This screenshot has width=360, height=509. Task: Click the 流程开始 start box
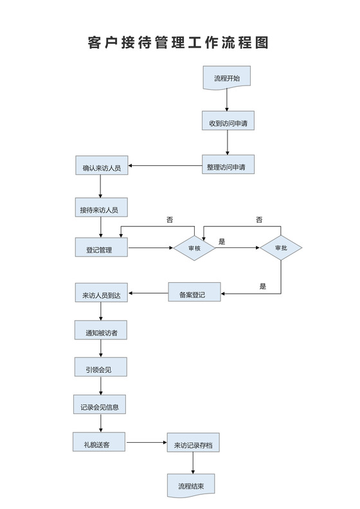(x=226, y=77)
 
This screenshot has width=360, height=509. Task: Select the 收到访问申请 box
(x=228, y=123)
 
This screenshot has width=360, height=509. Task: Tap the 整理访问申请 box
(x=228, y=165)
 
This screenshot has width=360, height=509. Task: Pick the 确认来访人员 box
(x=102, y=168)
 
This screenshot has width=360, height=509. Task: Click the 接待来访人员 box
(x=101, y=210)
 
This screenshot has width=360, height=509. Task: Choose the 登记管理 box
(x=101, y=248)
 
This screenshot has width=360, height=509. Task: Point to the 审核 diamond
(x=194, y=248)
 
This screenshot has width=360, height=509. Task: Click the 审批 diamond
(x=281, y=248)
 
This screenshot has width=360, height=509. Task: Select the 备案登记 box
(x=194, y=294)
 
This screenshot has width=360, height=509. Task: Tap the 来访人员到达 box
(x=101, y=296)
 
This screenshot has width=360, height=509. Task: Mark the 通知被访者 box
(x=101, y=332)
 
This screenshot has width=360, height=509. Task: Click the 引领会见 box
(x=101, y=369)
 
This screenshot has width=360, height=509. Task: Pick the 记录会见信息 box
(x=101, y=406)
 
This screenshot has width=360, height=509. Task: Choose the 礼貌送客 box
(x=101, y=442)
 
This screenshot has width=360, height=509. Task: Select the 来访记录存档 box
(x=193, y=444)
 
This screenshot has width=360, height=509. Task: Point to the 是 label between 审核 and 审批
(x=222, y=242)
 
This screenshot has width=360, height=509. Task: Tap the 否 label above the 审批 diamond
(x=259, y=220)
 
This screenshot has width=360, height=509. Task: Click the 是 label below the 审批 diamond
(x=263, y=286)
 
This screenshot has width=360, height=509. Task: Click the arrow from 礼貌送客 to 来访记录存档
(x=146, y=443)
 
